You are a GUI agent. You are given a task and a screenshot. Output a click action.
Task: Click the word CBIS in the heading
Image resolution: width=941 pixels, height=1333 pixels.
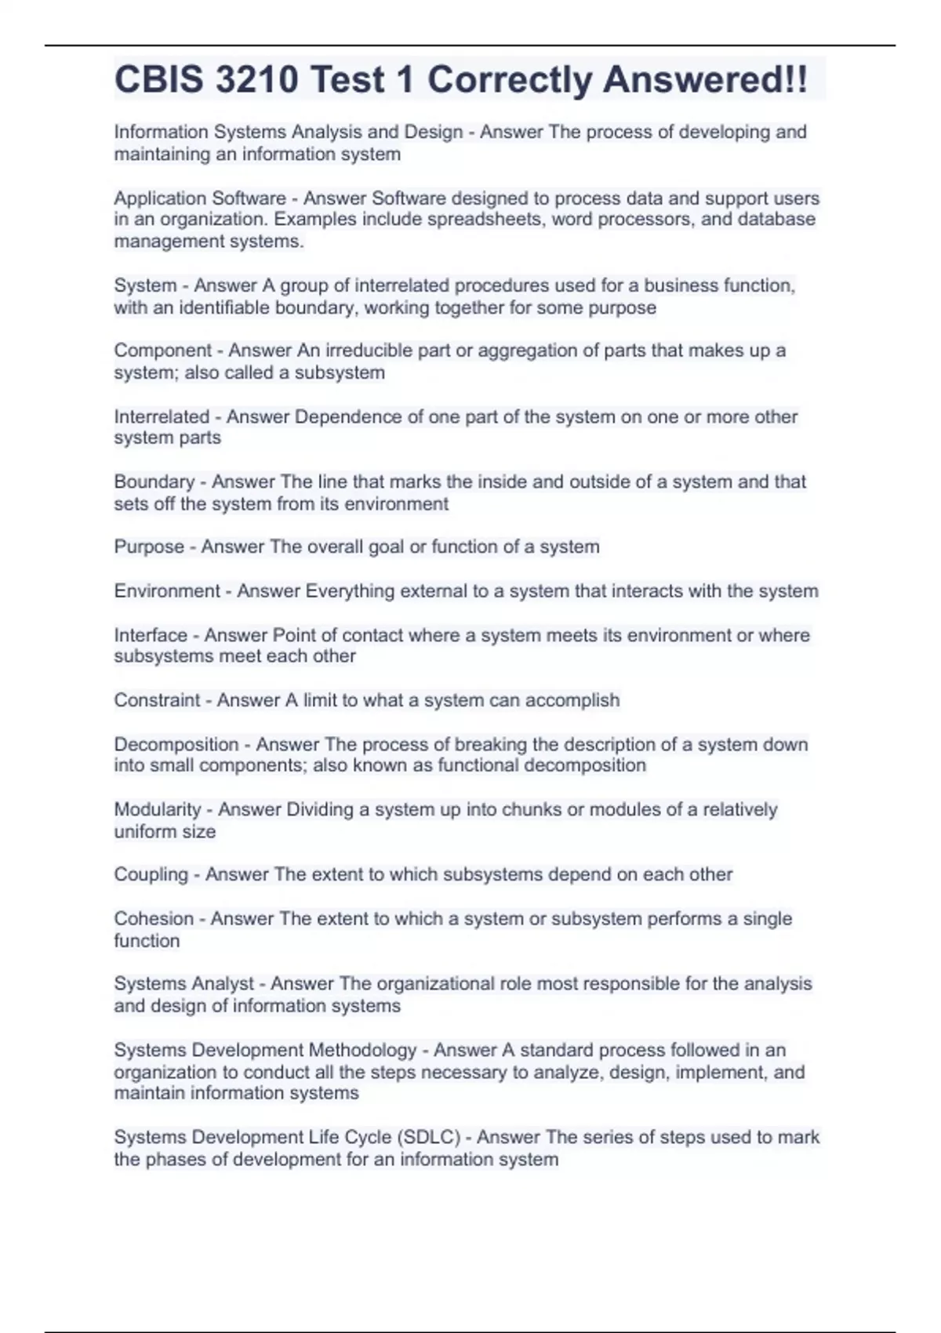[x=158, y=80]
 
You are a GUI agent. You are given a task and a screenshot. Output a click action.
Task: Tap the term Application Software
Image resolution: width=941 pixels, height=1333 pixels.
[x=200, y=198]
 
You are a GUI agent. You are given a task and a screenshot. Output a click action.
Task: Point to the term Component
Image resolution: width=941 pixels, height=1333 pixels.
[x=163, y=351]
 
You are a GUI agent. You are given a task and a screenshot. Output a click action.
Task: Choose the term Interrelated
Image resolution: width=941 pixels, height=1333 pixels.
[x=162, y=416]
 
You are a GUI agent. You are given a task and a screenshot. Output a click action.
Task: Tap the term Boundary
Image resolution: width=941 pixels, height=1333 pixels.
[x=154, y=481]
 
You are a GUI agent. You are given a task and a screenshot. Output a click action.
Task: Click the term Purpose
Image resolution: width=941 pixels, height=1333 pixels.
[x=149, y=547]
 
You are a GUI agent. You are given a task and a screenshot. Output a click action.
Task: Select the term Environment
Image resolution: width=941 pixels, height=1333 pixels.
[x=167, y=590]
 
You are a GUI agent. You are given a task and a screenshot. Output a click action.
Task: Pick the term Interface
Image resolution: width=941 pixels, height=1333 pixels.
[x=151, y=635]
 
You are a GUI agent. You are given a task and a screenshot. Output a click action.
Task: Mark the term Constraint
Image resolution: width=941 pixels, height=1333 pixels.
[x=157, y=700]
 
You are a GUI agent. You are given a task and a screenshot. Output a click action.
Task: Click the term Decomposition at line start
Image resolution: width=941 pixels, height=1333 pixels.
[x=176, y=744]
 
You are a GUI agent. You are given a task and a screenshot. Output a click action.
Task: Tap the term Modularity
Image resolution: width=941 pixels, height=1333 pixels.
[x=158, y=809]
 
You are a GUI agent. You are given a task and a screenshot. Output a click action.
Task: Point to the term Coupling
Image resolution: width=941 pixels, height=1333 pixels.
[x=151, y=874]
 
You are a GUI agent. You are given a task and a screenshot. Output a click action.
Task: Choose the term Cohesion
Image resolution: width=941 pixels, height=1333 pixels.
[x=154, y=918]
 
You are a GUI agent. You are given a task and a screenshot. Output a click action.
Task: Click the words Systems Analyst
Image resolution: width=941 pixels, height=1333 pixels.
[x=184, y=983]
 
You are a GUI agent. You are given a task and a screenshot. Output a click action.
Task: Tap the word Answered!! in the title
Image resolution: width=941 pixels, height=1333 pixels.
[x=705, y=80]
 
